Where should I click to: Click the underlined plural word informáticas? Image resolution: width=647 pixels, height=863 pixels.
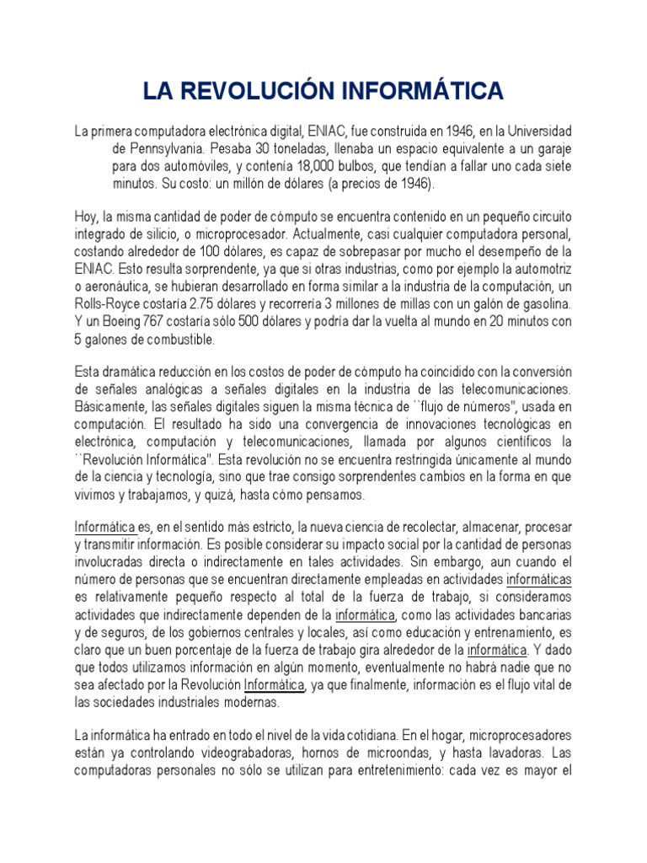point(539,580)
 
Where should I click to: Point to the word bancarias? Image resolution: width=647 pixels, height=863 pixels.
point(543,614)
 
